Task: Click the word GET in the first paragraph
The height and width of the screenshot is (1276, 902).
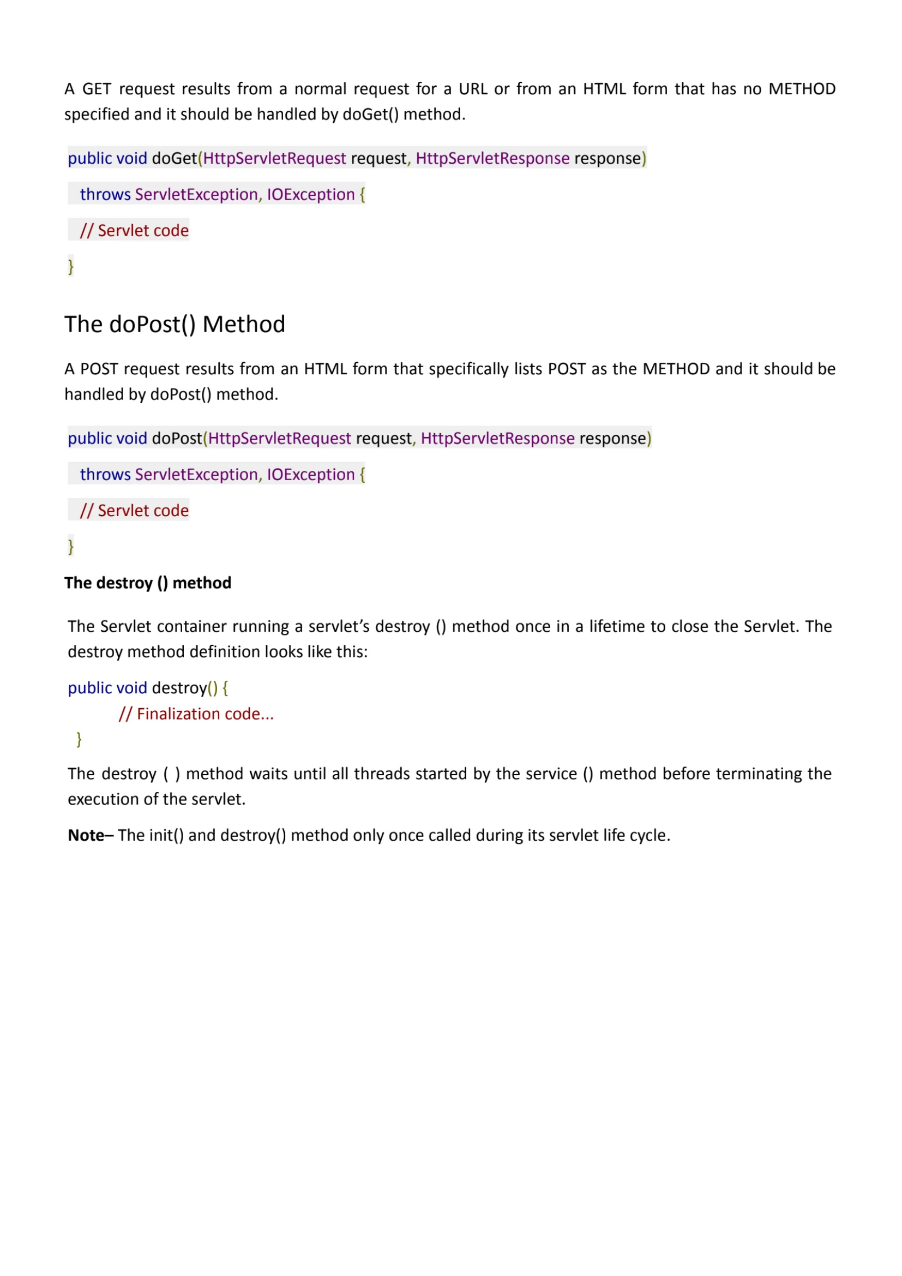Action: click(97, 89)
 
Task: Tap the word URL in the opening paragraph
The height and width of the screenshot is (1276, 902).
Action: click(473, 89)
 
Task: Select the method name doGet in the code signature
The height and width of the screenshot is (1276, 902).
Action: click(174, 158)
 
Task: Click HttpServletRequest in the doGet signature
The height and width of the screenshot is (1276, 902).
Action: click(274, 158)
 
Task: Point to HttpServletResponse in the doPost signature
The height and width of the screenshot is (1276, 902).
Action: click(497, 439)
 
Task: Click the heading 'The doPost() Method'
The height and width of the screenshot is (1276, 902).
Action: click(175, 325)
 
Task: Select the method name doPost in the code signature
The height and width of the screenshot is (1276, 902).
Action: click(177, 439)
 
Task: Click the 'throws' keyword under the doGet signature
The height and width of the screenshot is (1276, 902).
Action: click(105, 195)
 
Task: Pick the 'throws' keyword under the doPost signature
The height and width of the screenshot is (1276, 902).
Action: click(105, 475)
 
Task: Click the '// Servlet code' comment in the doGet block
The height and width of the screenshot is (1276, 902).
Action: click(134, 231)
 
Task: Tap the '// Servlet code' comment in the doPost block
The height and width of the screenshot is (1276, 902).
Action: click(134, 511)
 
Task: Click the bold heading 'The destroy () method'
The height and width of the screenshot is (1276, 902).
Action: click(148, 583)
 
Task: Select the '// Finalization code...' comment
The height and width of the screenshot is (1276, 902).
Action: click(196, 714)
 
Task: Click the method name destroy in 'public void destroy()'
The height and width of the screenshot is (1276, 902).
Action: click(179, 688)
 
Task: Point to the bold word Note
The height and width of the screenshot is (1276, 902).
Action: click(86, 835)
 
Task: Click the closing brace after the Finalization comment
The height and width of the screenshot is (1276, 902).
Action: click(79, 739)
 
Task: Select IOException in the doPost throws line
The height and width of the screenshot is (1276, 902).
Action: click(310, 475)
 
